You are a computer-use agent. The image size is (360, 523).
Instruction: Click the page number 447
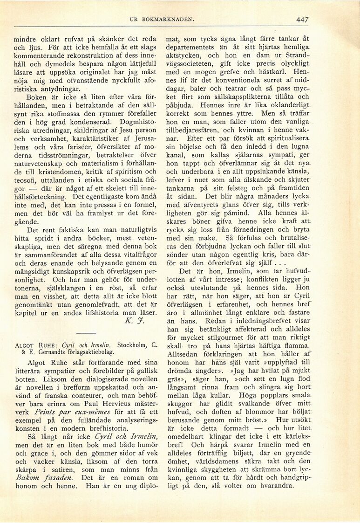(303, 20)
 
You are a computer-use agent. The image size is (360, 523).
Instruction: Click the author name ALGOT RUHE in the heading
(37, 345)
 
